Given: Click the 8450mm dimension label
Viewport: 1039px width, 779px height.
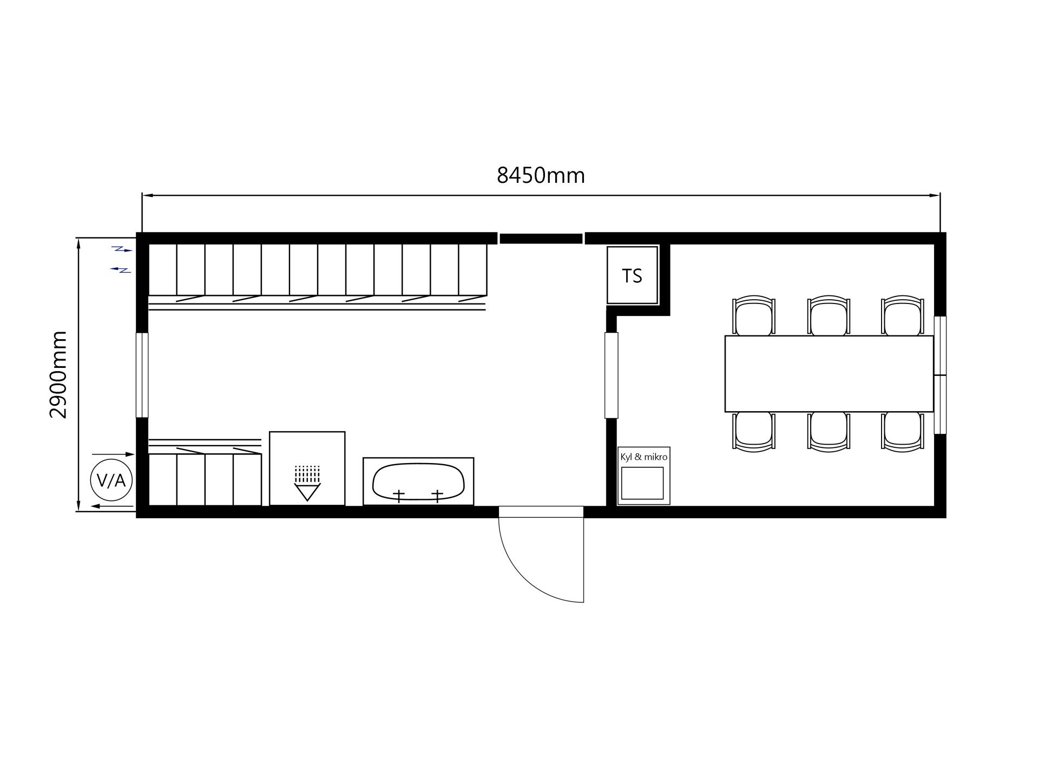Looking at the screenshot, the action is point(541,175).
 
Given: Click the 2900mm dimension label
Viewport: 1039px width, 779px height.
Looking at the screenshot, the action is point(58,374).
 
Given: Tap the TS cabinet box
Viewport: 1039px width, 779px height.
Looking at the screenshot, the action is point(632,275).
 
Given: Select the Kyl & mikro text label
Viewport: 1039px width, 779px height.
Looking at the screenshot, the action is point(643,457).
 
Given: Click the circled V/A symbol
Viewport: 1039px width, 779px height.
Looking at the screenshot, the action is point(111,480).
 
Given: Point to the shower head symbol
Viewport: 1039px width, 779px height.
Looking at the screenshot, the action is point(307,483).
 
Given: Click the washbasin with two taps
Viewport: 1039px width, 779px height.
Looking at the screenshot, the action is point(418,481).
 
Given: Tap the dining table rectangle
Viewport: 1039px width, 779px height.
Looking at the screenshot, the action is point(829,374).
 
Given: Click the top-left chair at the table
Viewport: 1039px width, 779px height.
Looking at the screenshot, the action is point(753,316).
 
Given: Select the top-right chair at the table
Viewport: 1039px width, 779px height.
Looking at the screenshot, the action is point(902,316).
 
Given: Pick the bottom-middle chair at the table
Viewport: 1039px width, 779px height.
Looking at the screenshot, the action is point(828,432).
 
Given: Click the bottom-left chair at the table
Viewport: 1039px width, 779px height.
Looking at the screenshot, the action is point(753,432).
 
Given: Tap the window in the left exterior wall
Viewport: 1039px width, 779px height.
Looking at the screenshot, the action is point(142,375).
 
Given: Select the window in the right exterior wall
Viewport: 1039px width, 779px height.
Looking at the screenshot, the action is point(941,375).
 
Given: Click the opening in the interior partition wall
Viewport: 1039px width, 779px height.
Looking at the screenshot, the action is point(611,375).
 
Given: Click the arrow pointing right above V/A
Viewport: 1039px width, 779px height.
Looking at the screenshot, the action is point(113,454).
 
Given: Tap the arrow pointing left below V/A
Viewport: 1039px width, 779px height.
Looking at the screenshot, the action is point(112,506).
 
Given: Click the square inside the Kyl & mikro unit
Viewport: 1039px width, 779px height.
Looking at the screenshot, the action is point(642,483).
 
